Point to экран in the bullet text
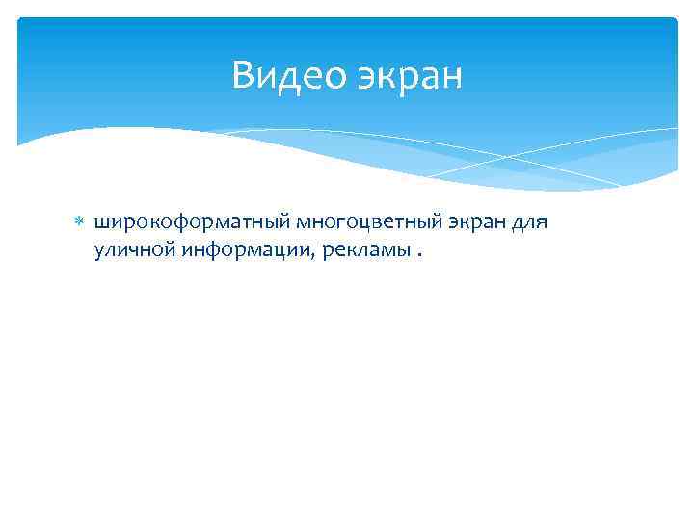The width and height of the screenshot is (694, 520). click(x=474, y=222)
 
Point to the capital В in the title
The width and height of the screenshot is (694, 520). click(x=244, y=76)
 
